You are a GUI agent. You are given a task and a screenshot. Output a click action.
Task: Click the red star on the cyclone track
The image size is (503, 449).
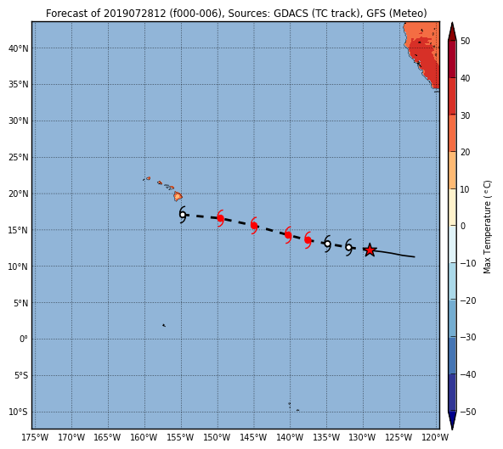[370, 250]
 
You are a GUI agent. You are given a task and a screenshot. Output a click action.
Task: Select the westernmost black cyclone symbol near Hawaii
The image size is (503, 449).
[183, 215]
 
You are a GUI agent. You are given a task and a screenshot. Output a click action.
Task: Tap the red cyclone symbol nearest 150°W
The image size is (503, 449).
[220, 218]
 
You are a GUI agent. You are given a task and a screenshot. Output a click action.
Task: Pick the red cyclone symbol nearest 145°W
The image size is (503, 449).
[254, 225]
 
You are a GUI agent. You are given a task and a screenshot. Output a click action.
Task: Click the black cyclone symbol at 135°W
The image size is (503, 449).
[327, 244]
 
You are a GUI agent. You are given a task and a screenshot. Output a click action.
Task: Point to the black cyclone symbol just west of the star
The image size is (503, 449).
[348, 247]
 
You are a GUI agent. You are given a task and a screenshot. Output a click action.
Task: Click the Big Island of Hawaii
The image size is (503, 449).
[178, 196]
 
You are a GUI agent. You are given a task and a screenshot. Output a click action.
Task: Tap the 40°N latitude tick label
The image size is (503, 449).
[19, 48]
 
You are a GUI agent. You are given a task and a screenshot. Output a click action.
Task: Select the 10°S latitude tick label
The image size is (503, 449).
[19, 412]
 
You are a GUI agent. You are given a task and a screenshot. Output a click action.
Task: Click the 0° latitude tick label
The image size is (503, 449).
[24, 339]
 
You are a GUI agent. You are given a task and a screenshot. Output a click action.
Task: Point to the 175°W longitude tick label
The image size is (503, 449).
[35, 437]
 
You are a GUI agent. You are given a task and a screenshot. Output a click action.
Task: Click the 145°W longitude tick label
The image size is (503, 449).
[253, 437]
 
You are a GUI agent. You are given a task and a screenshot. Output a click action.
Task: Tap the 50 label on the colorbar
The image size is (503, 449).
[465, 41]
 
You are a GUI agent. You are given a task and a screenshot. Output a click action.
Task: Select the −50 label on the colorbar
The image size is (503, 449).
[468, 412]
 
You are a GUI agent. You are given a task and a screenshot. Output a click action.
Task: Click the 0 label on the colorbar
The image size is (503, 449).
[463, 226]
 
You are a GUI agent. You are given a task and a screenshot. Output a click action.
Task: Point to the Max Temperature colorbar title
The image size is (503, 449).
[487, 227]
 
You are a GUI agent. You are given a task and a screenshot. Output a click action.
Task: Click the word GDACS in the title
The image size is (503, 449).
[291, 14]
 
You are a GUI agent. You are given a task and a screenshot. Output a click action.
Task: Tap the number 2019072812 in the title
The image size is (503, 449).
[135, 14]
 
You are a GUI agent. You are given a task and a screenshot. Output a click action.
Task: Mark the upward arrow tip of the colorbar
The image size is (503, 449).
[452, 22]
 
